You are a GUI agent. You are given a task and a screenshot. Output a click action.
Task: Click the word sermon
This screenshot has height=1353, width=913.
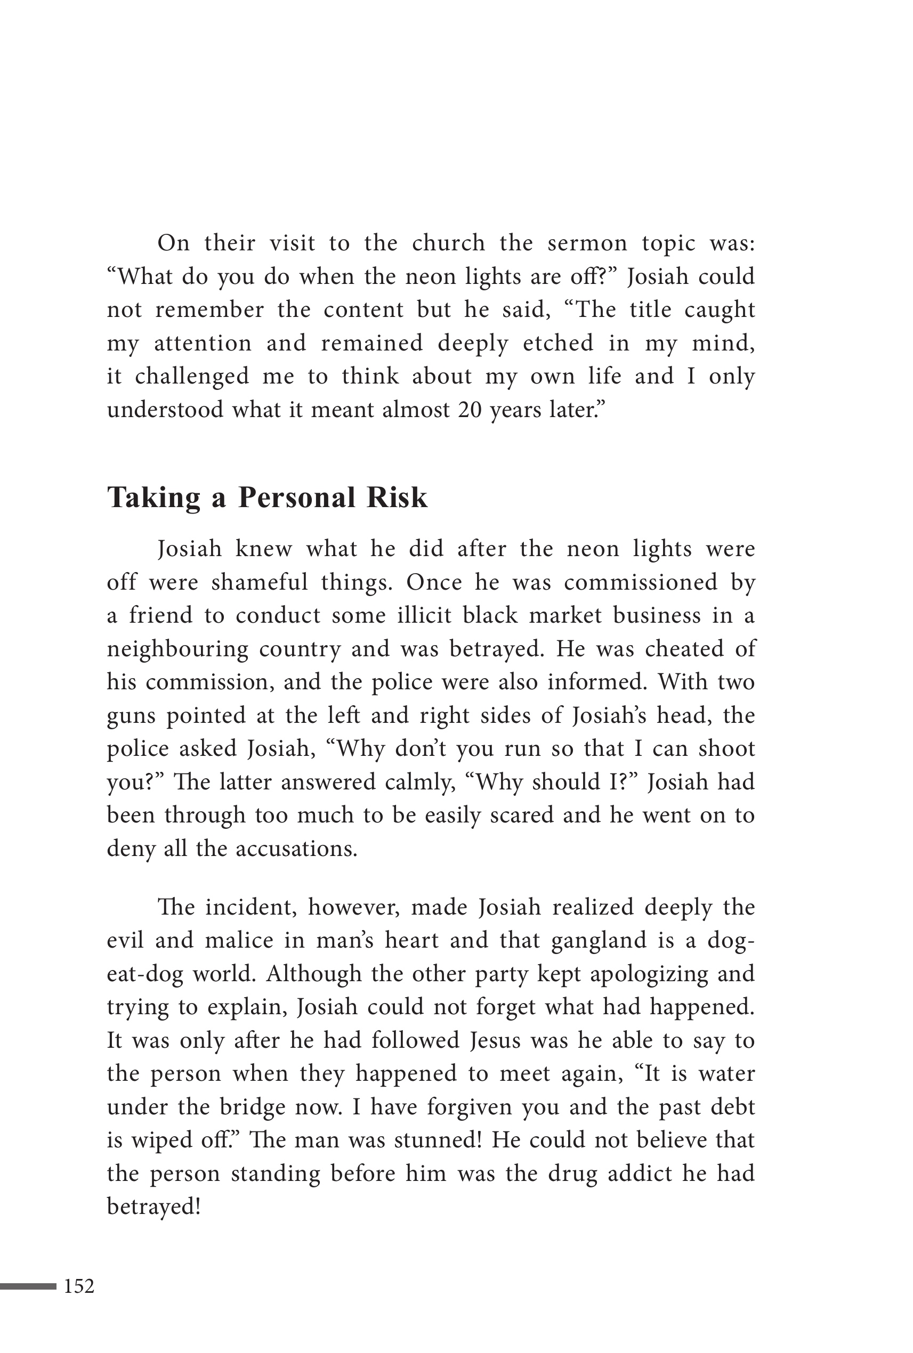pyautogui.click(x=587, y=243)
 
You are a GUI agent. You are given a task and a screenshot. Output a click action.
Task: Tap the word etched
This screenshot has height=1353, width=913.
pyautogui.click(x=558, y=344)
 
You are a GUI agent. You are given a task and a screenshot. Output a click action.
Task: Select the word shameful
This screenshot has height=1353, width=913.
pyautogui.click(x=259, y=583)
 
